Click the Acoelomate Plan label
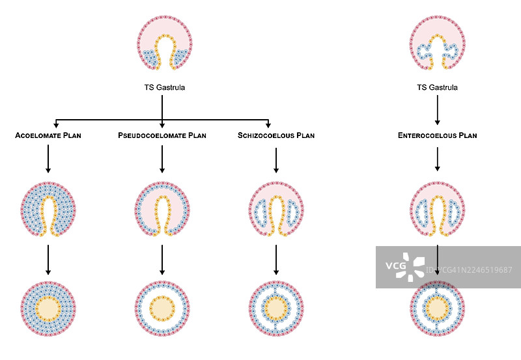(48, 136)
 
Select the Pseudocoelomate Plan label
(162, 136)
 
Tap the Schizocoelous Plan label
(276, 136)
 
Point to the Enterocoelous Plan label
(437, 136)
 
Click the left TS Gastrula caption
(165, 87)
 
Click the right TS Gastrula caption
(437, 87)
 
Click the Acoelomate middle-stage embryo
(48, 208)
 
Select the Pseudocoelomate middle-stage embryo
(162, 208)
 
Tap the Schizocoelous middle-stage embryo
(276, 208)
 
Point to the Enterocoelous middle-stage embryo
(437, 208)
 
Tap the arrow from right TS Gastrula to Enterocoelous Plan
(437, 109)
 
